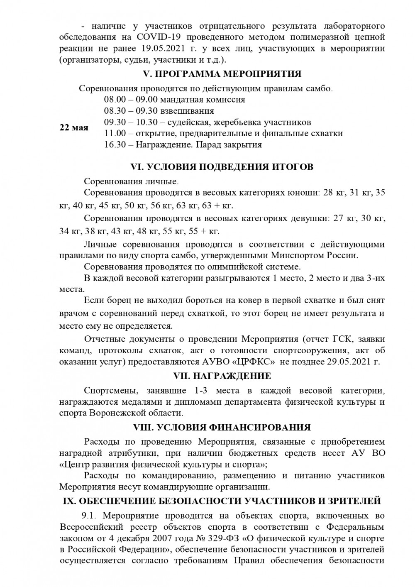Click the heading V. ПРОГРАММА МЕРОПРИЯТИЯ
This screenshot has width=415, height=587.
pos(222,74)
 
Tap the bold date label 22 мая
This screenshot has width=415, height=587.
pos(74,127)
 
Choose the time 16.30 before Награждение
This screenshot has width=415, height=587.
pos(115,145)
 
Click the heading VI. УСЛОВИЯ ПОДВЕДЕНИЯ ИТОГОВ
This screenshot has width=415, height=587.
pos(222,167)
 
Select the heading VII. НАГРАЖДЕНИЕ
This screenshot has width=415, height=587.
pos(222,376)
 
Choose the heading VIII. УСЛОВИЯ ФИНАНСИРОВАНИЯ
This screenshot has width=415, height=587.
pos(222,427)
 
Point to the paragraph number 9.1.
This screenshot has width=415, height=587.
pos(89,516)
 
